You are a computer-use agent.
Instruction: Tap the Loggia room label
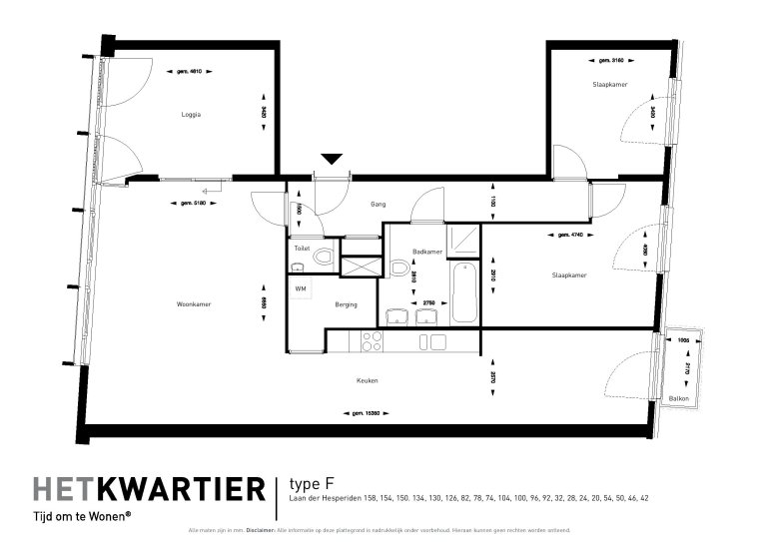[x=191, y=115]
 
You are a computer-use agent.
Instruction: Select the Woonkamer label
[x=193, y=304]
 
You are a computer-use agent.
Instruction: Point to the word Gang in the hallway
[x=378, y=205]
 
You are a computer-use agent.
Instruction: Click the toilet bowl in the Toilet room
[x=322, y=260]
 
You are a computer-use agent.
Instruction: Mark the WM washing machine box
[x=300, y=287]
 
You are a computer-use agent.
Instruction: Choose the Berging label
[x=347, y=304]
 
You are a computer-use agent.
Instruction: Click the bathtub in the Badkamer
[x=463, y=293]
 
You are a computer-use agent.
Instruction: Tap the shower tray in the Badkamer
[x=463, y=239]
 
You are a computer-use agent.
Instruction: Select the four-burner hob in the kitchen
[x=372, y=342]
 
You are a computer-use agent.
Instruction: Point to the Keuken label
[x=368, y=380]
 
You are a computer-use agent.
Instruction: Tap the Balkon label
[x=679, y=398]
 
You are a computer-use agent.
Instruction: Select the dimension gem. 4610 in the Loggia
[x=191, y=71]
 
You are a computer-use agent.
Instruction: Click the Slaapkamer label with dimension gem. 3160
[x=609, y=86]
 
